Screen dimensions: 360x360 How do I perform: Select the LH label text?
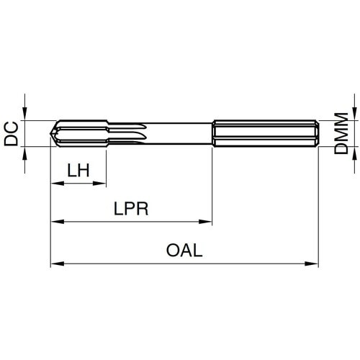coord(78,171)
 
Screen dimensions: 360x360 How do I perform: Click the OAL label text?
coord(185,251)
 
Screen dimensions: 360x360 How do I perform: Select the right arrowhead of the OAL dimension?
coord(313,264)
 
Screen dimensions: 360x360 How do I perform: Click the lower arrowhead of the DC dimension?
coord(24,153)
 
